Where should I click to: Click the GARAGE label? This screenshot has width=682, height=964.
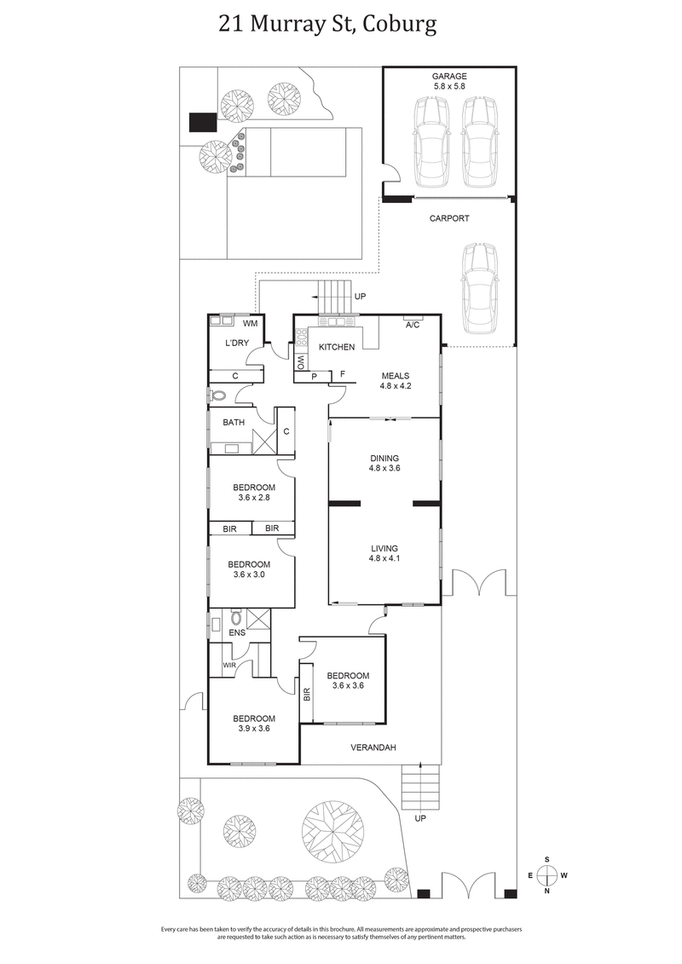(x=448, y=76)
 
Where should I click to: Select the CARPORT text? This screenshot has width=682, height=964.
(x=448, y=218)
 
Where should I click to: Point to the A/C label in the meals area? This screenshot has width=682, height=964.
(x=413, y=325)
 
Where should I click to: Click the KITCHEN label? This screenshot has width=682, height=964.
(x=337, y=348)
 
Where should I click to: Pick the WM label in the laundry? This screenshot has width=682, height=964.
(x=251, y=324)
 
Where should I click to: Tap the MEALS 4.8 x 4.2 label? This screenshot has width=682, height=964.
(x=396, y=380)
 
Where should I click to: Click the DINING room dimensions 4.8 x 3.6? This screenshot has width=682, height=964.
(x=384, y=468)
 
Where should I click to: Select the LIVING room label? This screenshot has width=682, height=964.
(x=384, y=548)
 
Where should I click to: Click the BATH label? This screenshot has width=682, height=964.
(x=234, y=422)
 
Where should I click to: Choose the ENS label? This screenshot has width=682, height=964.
(x=235, y=632)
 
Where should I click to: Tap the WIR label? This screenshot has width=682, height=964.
(x=228, y=665)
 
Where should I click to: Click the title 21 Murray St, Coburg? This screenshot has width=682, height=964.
(x=328, y=25)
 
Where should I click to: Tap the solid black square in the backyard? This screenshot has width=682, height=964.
(x=203, y=122)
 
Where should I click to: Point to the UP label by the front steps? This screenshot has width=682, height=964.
(x=419, y=818)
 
